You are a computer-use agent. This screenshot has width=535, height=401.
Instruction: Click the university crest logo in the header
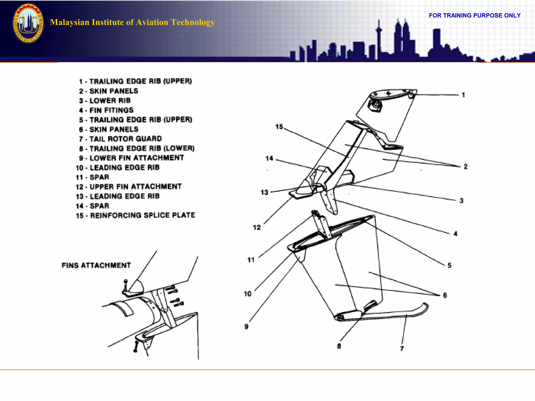pos(28,23)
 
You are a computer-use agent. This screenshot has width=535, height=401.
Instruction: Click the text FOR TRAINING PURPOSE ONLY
pos(474,15)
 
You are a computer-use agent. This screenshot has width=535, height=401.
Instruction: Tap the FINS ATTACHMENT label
pos(96,265)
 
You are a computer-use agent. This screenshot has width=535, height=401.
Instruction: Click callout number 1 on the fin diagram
pos(463,95)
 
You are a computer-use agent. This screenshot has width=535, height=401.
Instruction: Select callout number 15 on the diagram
pos(279,127)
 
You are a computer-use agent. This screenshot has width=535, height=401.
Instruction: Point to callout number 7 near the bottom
pos(402,349)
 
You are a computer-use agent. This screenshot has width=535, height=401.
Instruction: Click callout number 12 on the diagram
pos(257,227)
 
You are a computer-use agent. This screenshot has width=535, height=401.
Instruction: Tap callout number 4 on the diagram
pos(455,234)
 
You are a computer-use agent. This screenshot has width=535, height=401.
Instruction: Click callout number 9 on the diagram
pos(246,327)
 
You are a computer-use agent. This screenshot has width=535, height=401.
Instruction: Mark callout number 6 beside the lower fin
pos(445,295)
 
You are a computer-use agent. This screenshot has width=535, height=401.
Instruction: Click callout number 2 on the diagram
pos(466,167)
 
